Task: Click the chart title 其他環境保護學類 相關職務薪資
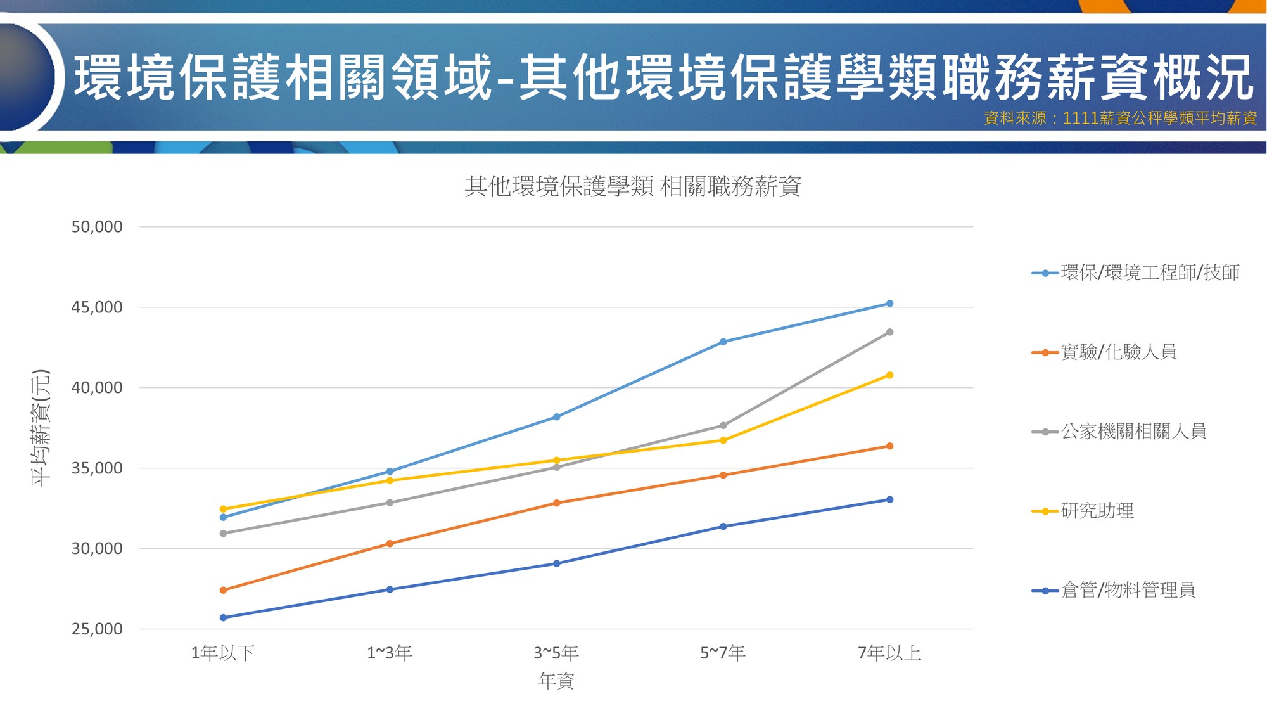633,186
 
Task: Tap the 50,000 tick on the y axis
97,227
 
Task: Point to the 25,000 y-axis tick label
97,629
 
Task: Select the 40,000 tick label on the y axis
97,388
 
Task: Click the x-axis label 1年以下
223,653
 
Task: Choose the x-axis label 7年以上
889,653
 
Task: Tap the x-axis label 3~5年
556,653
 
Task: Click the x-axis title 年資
556,681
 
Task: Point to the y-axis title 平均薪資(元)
40,428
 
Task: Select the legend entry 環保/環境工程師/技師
1136,273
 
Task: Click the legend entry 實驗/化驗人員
1104,352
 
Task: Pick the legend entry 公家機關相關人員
1119,432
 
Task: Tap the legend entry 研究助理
1083,511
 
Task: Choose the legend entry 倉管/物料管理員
1113,590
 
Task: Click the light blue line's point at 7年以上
889,304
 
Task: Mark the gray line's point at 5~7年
723,425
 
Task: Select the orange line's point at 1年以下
223,590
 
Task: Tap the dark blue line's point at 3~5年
556,563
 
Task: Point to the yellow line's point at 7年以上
889,375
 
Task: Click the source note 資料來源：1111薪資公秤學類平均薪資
1120,119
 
